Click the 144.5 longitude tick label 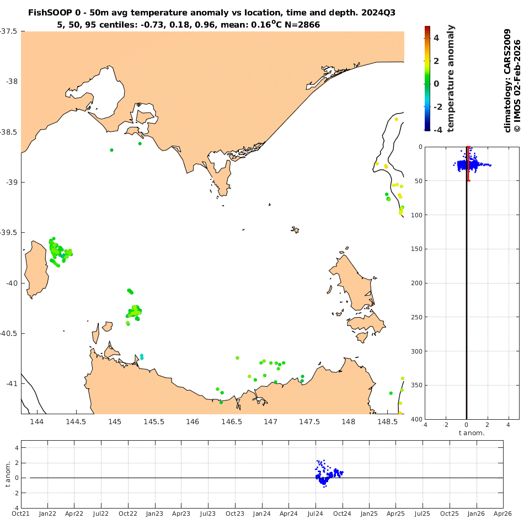coord(76,423)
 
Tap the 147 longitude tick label coord(270,423)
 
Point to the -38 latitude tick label coord(10,82)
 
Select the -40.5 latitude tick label coord(8,334)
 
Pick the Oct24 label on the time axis coord(343,514)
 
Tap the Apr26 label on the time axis coord(503,514)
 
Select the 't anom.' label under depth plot coord(472,433)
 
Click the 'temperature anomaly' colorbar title coord(451,78)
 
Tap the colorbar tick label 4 coord(436,38)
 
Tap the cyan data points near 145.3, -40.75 coord(142,357)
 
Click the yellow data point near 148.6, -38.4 coord(396,119)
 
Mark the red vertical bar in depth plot coord(468,164)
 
